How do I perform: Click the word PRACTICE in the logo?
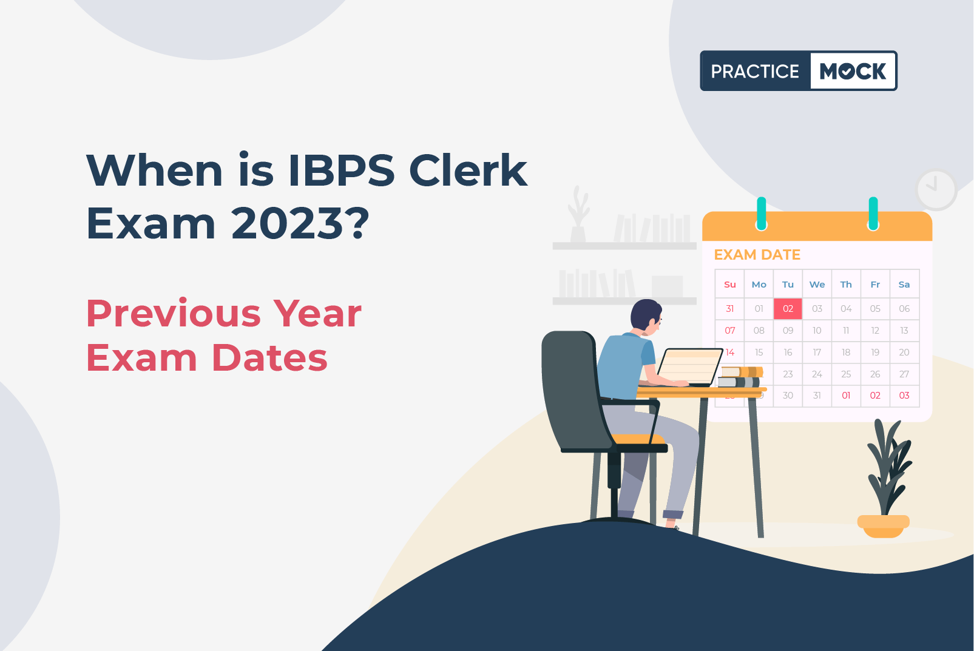755,71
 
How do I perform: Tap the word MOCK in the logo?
853,71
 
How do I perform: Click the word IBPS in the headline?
341,170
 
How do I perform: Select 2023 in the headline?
288,223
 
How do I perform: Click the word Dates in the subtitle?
269,358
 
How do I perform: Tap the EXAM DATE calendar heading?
757,255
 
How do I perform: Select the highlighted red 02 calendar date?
788,309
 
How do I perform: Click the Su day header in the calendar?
729,285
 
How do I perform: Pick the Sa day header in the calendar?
904,285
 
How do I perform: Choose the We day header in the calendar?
817,285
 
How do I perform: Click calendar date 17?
817,352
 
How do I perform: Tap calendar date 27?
904,374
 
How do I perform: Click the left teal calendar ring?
762,214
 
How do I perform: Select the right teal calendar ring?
873,214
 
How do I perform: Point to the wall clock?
936,189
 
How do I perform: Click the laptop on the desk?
689,367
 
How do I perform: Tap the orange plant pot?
883,526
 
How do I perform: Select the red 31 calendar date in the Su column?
729,309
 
